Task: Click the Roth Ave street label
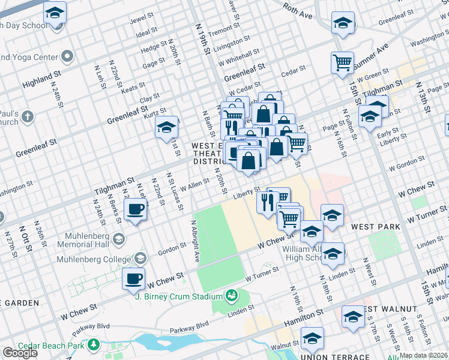tap(298, 10)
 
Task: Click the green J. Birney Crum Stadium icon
tap(231, 295)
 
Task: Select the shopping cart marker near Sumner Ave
tap(342, 62)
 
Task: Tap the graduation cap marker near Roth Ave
tap(343, 23)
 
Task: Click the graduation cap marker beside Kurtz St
tap(167, 127)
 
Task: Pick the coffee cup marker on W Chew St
tap(133, 278)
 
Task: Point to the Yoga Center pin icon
tap(67, 57)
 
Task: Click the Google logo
tap(20, 353)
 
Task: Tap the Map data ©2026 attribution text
tap(424, 355)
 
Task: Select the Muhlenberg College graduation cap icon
tap(140, 259)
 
